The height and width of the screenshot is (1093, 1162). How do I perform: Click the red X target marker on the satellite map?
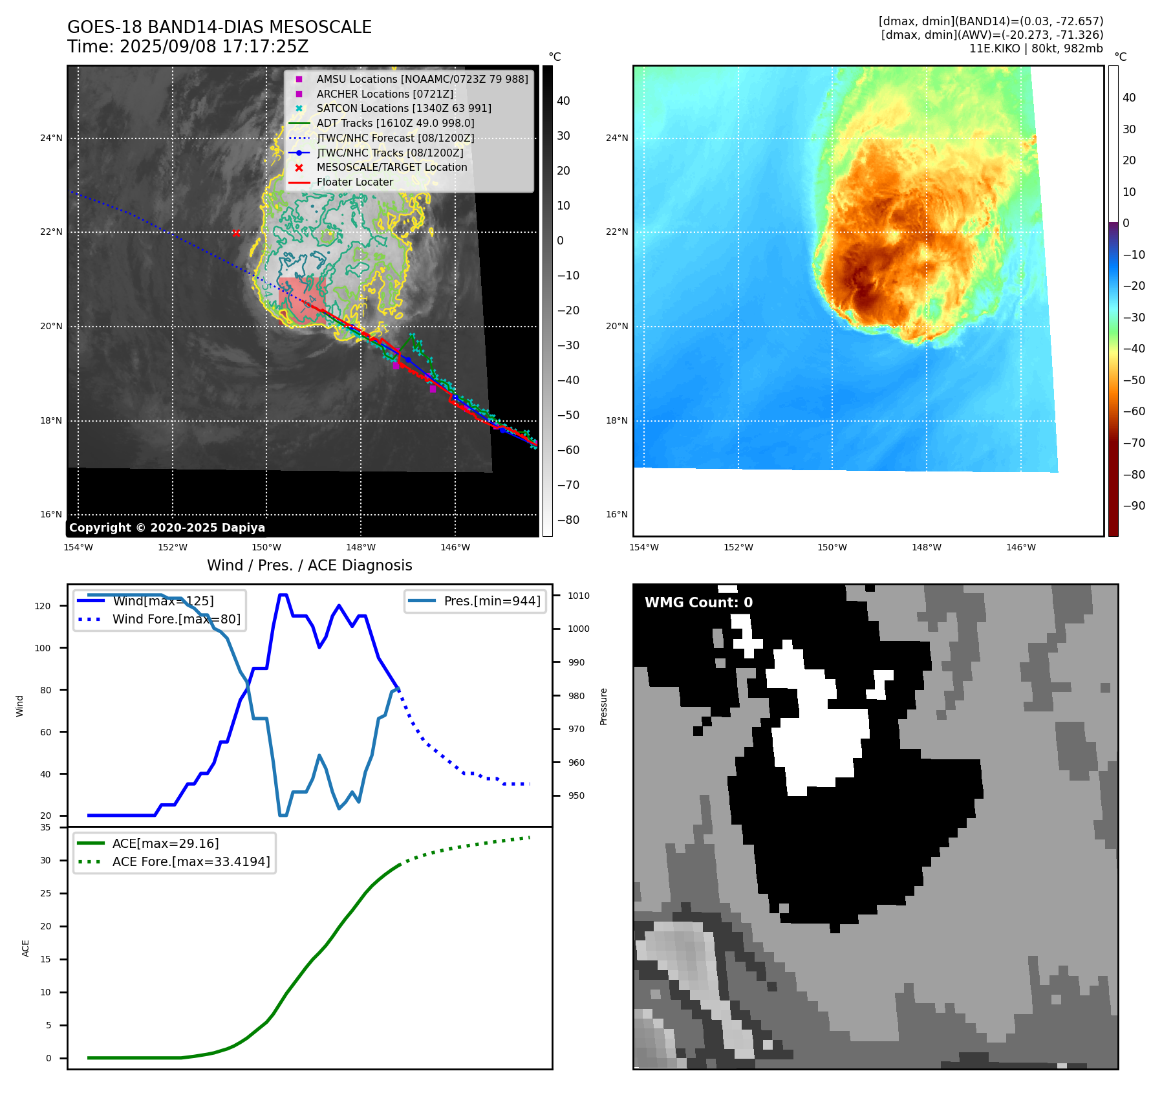[236, 233]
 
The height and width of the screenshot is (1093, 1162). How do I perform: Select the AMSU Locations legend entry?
[422, 79]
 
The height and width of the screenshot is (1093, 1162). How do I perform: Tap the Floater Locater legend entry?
[354, 182]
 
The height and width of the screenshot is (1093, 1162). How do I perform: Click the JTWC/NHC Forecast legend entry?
[395, 138]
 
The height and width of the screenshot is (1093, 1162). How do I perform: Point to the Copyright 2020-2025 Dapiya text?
[167, 528]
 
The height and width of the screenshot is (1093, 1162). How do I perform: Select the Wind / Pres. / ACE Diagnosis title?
[309, 565]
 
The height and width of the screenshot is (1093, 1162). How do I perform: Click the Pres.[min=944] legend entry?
[492, 601]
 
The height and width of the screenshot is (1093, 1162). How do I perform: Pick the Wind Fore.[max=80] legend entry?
[176, 619]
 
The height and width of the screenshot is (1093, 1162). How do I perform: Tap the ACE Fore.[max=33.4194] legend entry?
[191, 861]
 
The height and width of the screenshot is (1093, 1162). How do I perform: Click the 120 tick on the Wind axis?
[43, 606]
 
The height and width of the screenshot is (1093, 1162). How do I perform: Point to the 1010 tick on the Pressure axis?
[579, 596]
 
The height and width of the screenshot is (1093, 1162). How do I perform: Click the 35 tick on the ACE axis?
[45, 827]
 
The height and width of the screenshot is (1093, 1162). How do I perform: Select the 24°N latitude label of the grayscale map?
[52, 138]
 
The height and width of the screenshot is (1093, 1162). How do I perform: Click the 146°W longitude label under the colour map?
[1020, 547]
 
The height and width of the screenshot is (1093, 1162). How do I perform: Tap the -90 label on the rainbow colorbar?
[1134, 506]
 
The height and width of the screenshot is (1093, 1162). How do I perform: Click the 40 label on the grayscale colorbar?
[563, 101]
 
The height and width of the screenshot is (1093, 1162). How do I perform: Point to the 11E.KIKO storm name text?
[996, 49]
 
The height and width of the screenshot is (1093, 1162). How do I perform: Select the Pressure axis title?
[603, 706]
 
